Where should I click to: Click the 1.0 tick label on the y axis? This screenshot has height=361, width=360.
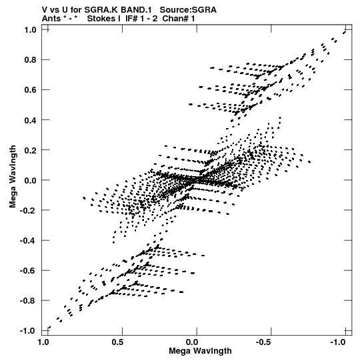(x=31, y=30)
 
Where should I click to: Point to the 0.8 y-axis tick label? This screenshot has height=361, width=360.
(x=31, y=60)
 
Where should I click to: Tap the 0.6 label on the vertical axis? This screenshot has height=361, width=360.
(x=31, y=90)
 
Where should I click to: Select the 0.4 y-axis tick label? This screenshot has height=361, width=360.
(x=31, y=120)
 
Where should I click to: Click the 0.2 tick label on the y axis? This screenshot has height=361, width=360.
(x=31, y=150)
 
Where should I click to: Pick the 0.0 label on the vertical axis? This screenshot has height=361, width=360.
(x=31, y=180)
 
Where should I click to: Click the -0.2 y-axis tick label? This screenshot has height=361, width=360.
(x=28, y=210)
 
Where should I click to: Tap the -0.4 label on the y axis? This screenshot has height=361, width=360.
(x=28, y=241)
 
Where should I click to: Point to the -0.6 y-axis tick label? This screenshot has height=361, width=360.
(x=28, y=271)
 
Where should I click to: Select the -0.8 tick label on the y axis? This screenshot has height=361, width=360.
(x=28, y=301)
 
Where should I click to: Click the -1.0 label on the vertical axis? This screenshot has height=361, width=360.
(x=28, y=331)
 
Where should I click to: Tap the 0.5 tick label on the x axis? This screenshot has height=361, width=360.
(x=117, y=342)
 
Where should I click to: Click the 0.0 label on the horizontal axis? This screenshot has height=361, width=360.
(x=192, y=342)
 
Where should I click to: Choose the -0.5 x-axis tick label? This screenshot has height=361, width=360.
(x=264, y=342)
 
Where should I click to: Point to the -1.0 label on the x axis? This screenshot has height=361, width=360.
(x=338, y=342)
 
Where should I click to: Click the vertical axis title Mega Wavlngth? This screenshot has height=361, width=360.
(x=13, y=177)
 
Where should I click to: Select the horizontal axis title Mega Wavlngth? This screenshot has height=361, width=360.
(x=201, y=351)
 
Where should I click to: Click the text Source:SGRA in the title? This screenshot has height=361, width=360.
(x=188, y=10)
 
